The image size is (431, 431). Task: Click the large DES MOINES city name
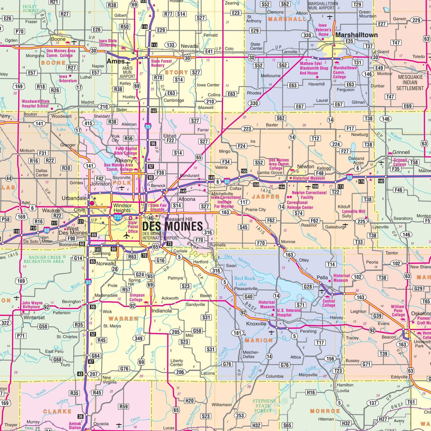[x=172, y=226]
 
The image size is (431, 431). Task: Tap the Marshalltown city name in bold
[x=356, y=35]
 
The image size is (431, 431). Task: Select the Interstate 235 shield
[x=118, y=217]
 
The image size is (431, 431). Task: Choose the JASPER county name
[x=265, y=197]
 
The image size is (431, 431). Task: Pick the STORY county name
[x=176, y=72]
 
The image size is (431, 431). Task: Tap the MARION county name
[x=259, y=340]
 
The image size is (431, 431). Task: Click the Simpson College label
[x=137, y=298]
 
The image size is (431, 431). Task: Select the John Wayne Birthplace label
[x=32, y=305]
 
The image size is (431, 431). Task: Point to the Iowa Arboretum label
[x=68, y=79]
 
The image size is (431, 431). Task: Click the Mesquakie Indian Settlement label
[x=410, y=83]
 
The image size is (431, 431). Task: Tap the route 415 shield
[x=88, y=123]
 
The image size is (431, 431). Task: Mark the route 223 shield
[x=247, y=129]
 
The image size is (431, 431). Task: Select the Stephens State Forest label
[x=264, y=406]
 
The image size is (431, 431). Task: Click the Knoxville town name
[x=256, y=324]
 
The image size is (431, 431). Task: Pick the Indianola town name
[x=161, y=311]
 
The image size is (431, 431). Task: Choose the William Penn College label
[x=398, y=311]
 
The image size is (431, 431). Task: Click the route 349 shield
[x=139, y=338]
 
